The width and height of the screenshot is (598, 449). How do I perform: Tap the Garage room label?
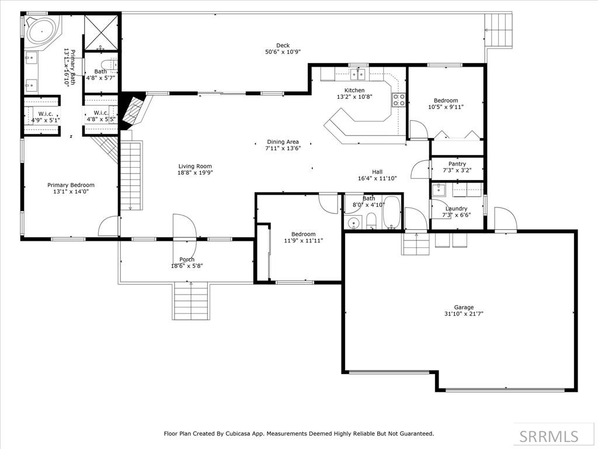[464, 308]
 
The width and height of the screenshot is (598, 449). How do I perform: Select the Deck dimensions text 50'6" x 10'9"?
[283, 52]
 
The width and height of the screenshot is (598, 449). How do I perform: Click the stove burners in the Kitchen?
[399, 99]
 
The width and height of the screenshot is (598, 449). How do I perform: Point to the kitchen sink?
[358, 73]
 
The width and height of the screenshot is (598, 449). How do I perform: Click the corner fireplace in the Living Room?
[133, 110]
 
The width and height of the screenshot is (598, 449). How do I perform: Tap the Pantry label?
[457, 164]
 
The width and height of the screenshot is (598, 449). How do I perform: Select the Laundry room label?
[456, 209]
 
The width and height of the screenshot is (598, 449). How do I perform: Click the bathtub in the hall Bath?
[391, 213]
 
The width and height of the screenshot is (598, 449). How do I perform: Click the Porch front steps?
[192, 301]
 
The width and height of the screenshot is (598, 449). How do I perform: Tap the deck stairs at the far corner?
[499, 30]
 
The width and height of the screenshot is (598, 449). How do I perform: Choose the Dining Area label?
[283, 142]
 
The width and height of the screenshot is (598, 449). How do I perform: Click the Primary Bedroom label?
[71, 185]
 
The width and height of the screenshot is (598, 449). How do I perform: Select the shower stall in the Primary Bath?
[100, 33]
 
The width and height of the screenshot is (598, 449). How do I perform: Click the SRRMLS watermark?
[549, 436]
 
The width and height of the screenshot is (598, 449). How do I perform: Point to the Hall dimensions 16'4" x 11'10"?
[378, 178]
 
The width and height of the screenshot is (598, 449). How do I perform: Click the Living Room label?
[195, 167]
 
